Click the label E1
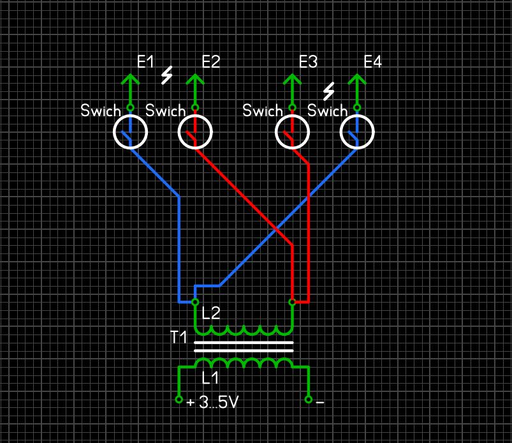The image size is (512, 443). (x=145, y=62)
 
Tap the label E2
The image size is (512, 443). (x=210, y=62)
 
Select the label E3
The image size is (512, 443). (x=308, y=62)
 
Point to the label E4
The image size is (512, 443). (x=372, y=62)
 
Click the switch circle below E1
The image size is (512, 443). (x=130, y=133)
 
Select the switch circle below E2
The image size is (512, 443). (x=195, y=133)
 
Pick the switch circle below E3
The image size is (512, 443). (x=293, y=133)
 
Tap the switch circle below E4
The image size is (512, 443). (x=357, y=133)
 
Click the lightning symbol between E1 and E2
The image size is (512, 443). (x=167, y=76)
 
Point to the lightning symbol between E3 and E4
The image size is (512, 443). (x=329, y=92)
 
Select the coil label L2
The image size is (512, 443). (x=211, y=313)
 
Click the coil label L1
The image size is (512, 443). (x=210, y=378)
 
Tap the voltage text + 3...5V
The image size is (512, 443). (x=214, y=403)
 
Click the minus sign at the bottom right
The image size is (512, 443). (x=320, y=403)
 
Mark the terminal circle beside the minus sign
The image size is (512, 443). (x=309, y=400)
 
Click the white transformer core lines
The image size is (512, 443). (x=244, y=347)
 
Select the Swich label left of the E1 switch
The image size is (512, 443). (x=100, y=110)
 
